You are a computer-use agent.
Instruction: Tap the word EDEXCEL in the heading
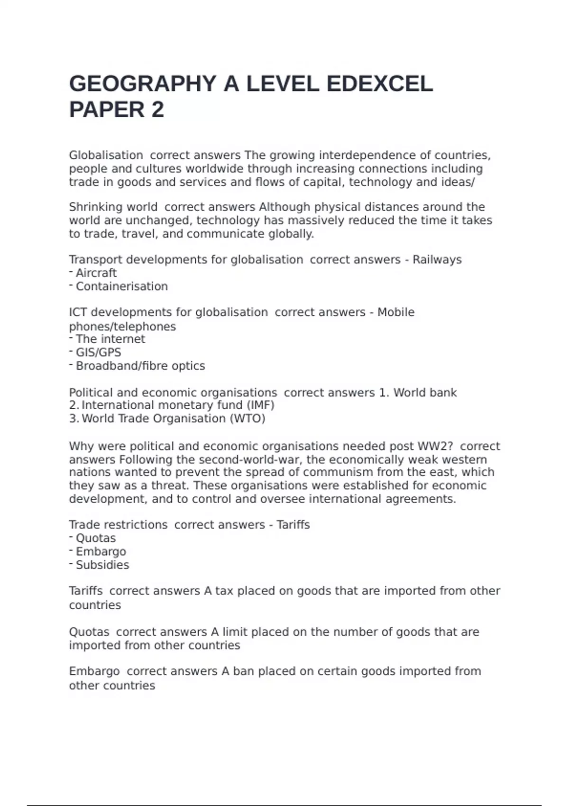(379, 84)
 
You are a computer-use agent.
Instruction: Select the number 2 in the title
(158, 110)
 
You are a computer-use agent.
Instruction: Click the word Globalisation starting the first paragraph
(106, 156)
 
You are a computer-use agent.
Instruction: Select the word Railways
(437, 260)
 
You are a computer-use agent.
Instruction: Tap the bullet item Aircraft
(96, 273)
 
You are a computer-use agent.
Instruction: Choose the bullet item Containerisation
(122, 286)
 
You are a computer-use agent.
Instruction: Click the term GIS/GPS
(99, 352)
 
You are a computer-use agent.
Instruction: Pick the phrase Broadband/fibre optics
(140, 366)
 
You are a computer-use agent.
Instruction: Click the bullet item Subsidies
(102, 565)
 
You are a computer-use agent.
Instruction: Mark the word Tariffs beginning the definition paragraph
(86, 591)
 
